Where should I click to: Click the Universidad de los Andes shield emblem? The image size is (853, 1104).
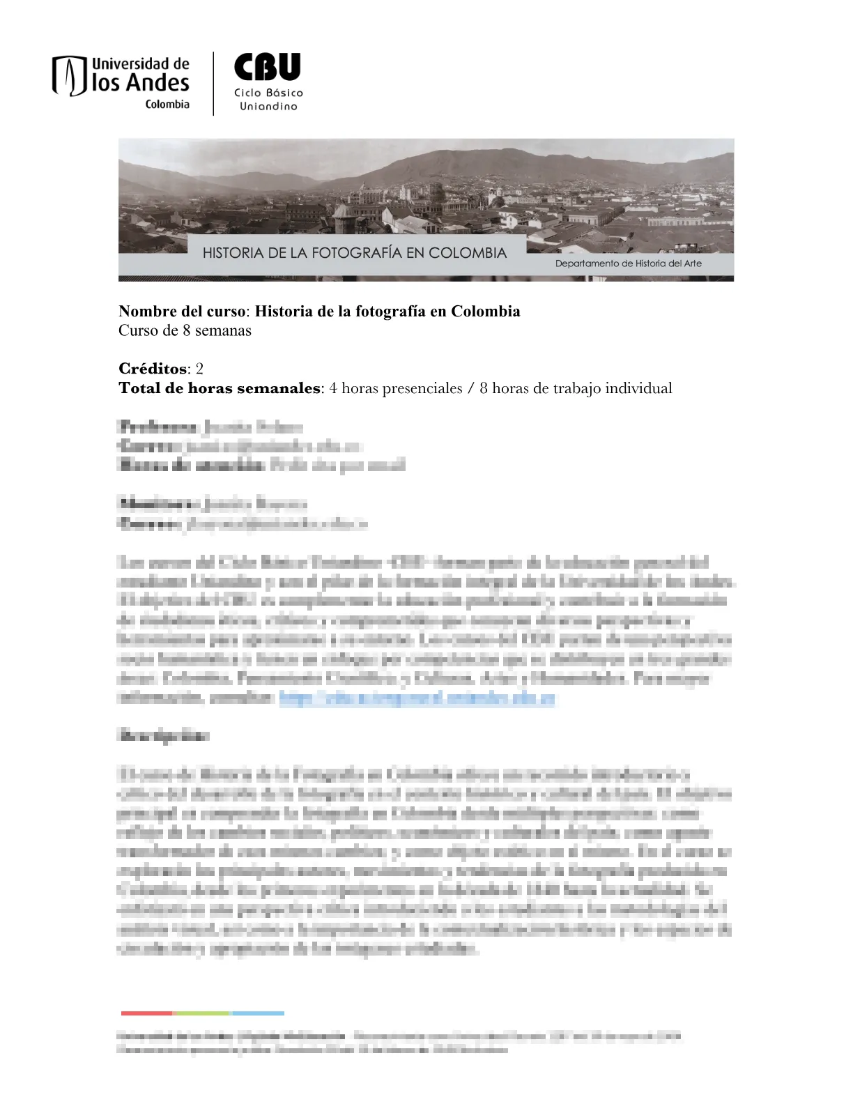pyautogui.click(x=69, y=76)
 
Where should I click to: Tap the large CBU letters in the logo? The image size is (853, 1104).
pyautogui.click(x=268, y=68)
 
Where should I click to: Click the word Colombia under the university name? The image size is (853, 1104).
pyautogui.click(x=167, y=105)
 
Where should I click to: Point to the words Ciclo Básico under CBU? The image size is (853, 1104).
pyautogui.click(x=268, y=93)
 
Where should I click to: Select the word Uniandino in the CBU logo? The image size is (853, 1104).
pyautogui.click(x=268, y=107)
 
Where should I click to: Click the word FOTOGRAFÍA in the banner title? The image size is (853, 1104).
pyautogui.click(x=356, y=253)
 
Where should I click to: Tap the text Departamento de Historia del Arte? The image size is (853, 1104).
pyautogui.click(x=628, y=263)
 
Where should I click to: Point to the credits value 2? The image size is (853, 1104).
pyautogui.click(x=199, y=369)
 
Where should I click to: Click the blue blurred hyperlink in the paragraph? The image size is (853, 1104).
pyautogui.click(x=417, y=698)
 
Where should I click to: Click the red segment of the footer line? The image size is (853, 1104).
pyautogui.click(x=146, y=1013)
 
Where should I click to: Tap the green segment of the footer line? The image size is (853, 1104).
pyautogui.click(x=201, y=1013)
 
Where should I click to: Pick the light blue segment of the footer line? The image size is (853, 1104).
pyautogui.click(x=257, y=1013)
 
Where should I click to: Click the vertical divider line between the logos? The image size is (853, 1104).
pyautogui.click(x=213, y=84)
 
